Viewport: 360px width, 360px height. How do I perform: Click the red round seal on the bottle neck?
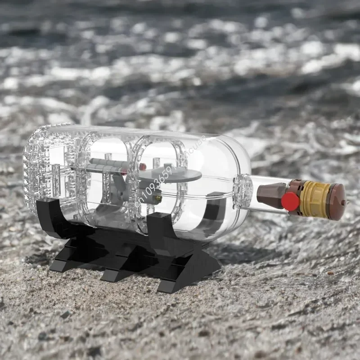290,201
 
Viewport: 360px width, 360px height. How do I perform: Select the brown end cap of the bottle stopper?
337,202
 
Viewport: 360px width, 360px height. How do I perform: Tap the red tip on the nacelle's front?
142,166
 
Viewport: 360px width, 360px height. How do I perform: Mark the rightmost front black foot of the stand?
173,283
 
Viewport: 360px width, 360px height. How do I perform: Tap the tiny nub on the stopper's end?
347,202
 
